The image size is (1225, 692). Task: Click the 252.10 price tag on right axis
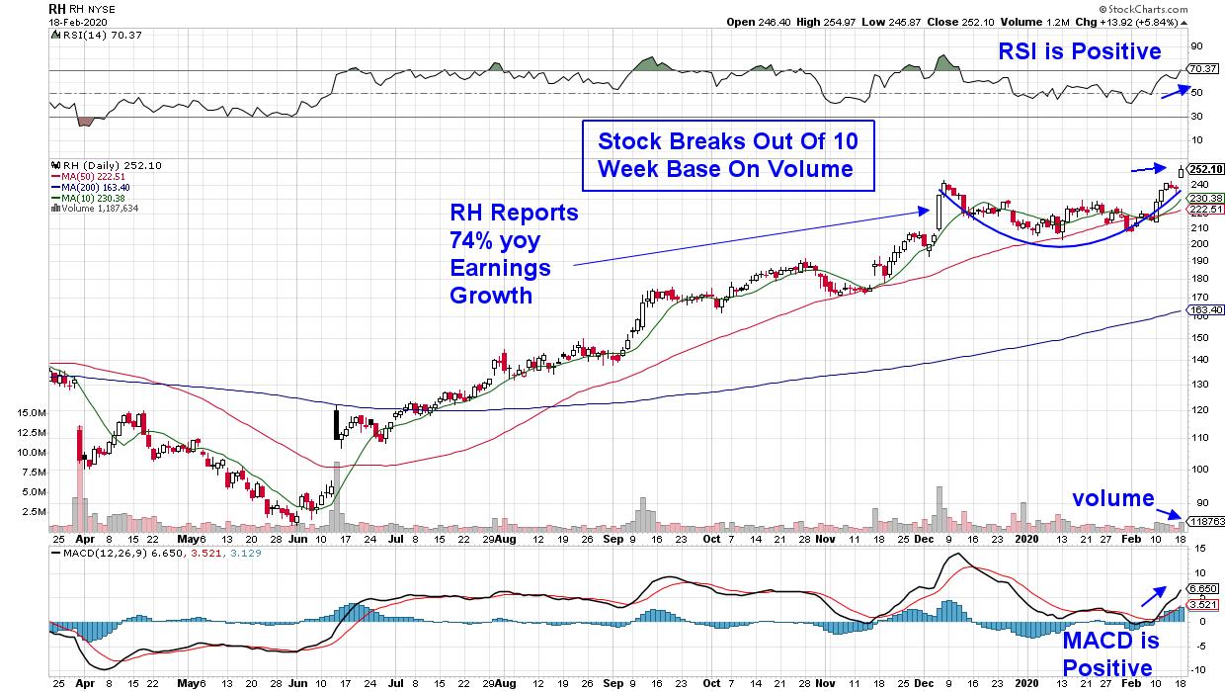(x=1207, y=168)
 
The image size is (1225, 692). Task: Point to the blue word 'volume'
(x=1113, y=498)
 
